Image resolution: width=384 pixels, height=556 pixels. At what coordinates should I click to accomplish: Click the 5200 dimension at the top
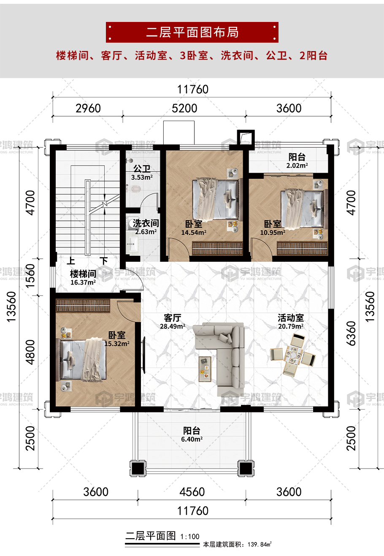coord(184,108)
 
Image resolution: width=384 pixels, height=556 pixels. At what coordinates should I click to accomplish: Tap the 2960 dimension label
coord(88,108)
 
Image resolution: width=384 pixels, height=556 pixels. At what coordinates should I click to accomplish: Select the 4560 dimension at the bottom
coord(192,492)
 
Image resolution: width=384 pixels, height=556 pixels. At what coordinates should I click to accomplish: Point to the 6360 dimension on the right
coord(351,334)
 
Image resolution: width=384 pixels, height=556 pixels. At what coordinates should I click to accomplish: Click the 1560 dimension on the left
coord(30,276)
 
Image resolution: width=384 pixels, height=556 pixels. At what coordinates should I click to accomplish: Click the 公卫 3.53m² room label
coord(142,173)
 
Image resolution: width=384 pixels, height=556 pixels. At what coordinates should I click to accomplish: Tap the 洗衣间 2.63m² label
coord(146,227)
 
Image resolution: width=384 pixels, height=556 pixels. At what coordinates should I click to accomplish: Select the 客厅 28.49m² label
coord(173,321)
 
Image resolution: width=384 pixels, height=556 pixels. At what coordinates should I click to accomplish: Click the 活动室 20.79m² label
coord(291,321)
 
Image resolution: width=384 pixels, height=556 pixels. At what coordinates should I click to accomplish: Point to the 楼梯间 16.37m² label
coord(83,278)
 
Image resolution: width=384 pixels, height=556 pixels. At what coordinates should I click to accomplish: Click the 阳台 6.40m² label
coord(192,434)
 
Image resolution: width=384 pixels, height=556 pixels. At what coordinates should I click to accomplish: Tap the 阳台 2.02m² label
coord(297,161)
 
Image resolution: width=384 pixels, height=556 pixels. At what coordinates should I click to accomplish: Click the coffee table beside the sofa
coord(205,369)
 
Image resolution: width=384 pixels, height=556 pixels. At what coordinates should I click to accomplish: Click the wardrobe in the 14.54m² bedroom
coord(217,249)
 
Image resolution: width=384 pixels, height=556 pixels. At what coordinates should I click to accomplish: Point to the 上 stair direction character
coord(71,260)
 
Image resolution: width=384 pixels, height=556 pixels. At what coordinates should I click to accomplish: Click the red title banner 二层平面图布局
coord(192,32)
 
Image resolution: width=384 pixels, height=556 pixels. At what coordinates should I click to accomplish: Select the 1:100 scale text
coord(190,537)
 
